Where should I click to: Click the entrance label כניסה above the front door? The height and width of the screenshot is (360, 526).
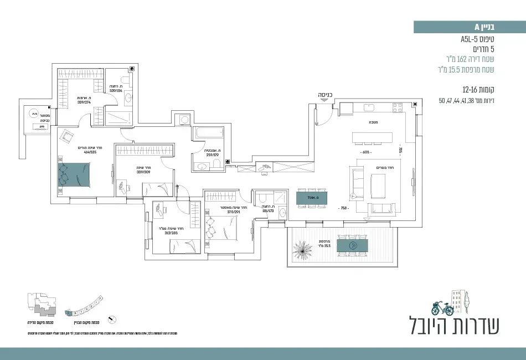pyautogui.click(x=325, y=95)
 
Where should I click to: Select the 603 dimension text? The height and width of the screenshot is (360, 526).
pyautogui.click(x=365, y=152)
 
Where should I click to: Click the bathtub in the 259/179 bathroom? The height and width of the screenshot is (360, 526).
pyautogui.click(x=208, y=133)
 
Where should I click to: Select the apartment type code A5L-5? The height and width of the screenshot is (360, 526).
pyautogui.click(x=473, y=39)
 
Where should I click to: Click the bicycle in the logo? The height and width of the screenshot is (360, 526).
pyautogui.click(x=442, y=307)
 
